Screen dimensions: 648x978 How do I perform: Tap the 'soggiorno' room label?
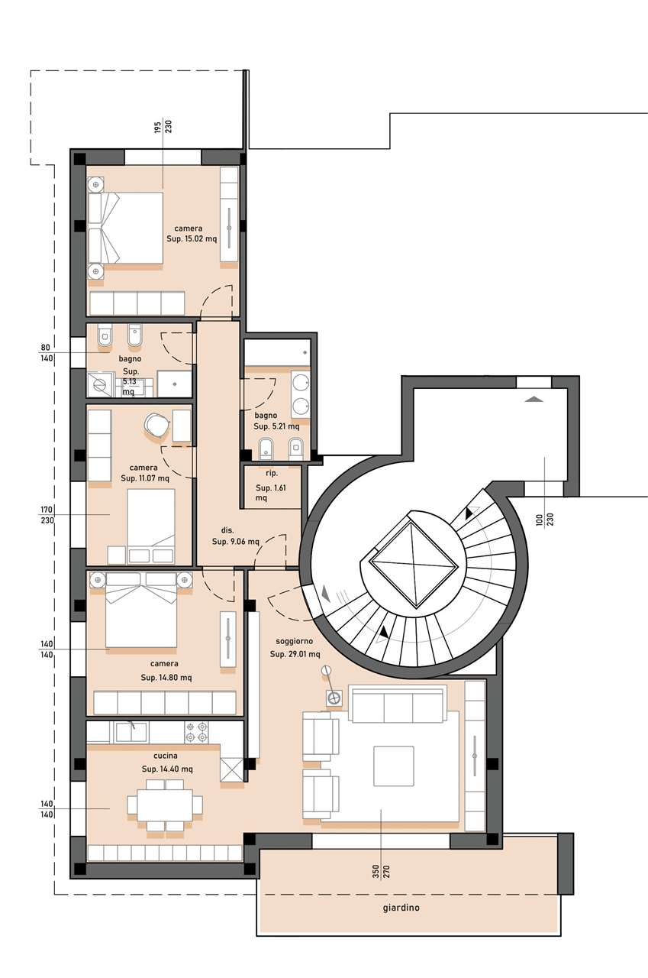[x=295, y=641]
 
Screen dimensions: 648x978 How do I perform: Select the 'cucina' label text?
[x=166, y=756]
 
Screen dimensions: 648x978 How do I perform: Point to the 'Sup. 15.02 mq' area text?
[x=192, y=239]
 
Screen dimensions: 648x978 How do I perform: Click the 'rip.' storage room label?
[x=271, y=473]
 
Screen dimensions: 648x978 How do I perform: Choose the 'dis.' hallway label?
[x=227, y=530]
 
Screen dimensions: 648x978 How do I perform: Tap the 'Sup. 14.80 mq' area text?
[x=166, y=678]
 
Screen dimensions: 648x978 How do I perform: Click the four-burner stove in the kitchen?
[x=196, y=733]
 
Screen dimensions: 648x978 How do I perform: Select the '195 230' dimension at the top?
[x=163, y=127]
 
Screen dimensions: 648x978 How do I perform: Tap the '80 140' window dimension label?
[x=47, y=353]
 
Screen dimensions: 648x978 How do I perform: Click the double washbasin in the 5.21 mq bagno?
[x=301, y=394]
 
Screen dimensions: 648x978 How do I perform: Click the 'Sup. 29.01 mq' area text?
[x=295, y=654]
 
